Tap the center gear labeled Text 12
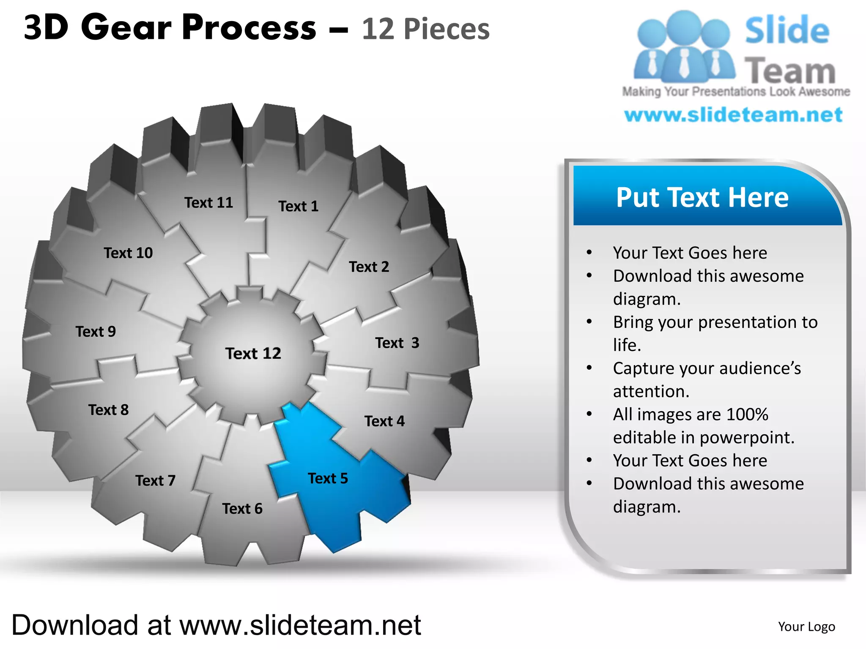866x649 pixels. tap(253, 353)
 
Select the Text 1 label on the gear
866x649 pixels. tap(298, 206)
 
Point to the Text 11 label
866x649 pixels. tap(209, 203)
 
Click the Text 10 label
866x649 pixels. tap(128, 253)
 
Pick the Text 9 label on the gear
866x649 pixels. tap(96, 332)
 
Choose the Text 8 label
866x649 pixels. tap(108, 410)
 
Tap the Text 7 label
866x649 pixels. tap(155, 481)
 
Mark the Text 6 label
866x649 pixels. tap(242, 509)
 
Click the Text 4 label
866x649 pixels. tap(384, 421)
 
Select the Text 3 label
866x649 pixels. tap(397, 343)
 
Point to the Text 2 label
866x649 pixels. tap(369, 267)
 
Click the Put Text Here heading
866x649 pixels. tap(702, 197)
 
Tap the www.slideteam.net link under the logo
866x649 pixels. tap(733, 115)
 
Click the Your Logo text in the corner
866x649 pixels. tap(806, 627)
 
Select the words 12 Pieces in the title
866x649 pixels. tap(425, 29)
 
